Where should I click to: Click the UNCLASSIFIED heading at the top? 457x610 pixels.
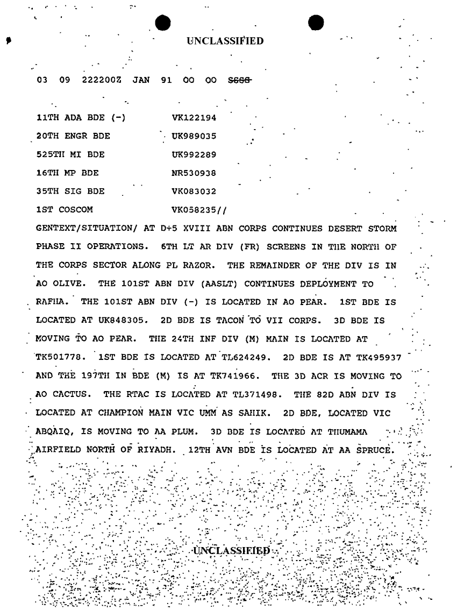tap(225, 41)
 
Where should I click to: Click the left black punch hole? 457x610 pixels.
tap(162, 23)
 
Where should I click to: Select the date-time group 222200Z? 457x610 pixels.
tap(103, 80)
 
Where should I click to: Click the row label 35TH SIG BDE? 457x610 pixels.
tap(70, 191)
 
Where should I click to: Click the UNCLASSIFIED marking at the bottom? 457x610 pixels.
tap(231, 551)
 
